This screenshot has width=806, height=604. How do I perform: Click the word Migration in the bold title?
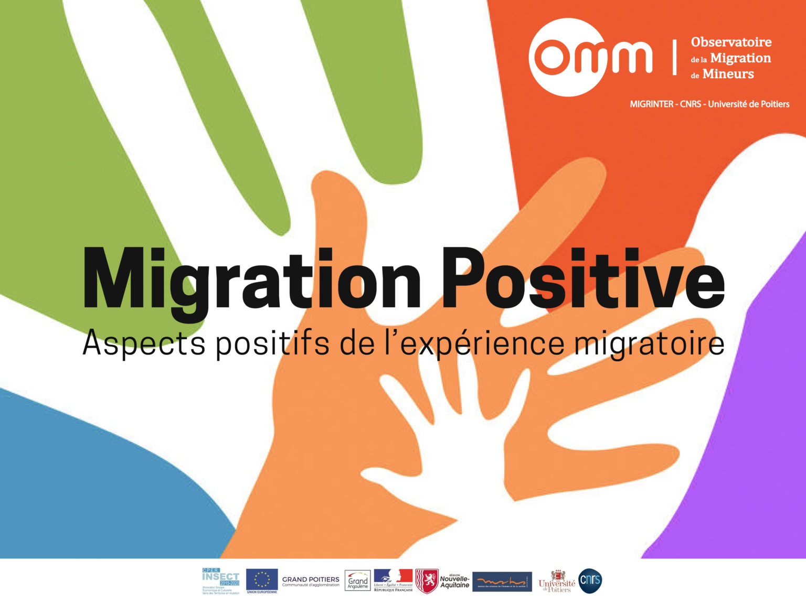click(252, 281)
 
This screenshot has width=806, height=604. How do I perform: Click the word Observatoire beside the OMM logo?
click(731, 42)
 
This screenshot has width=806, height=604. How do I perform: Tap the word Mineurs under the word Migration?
click(728, 74)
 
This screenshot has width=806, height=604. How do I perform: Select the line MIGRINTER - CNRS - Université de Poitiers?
click(709, 104)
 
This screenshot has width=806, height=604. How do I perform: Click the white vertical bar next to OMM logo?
click(674, 57)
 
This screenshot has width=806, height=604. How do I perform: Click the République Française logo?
click(393, 580)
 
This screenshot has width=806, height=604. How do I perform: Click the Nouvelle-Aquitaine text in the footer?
click(454, 581)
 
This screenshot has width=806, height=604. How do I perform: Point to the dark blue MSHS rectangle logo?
click(502, 581)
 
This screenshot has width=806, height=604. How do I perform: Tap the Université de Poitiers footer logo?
click(557, 581)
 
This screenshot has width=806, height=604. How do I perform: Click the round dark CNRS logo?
click(590, 581)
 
